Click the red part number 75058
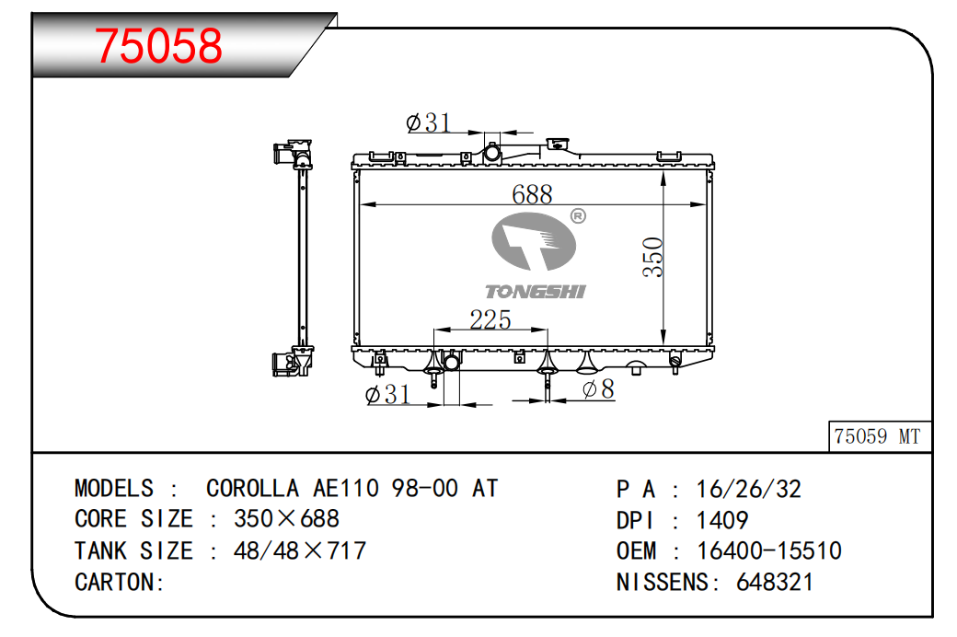(x=158, y=46)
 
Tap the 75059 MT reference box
(x=880, y=436)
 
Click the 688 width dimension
(x=532, y=195)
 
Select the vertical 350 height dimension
(x=653, y=257)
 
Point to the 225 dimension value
(x=490, y=319)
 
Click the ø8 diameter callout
(x=598, y=389)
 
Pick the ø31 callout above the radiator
(x=429, y=122)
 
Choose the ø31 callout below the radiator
(x=387, y=395)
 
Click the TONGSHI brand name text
(x=536, y=292)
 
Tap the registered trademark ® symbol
(x=578, y=215)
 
